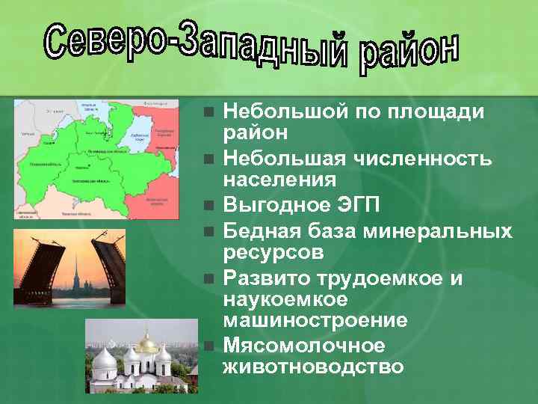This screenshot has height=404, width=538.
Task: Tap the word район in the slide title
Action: (406, 52)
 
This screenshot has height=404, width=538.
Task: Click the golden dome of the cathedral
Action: (147, 343)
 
